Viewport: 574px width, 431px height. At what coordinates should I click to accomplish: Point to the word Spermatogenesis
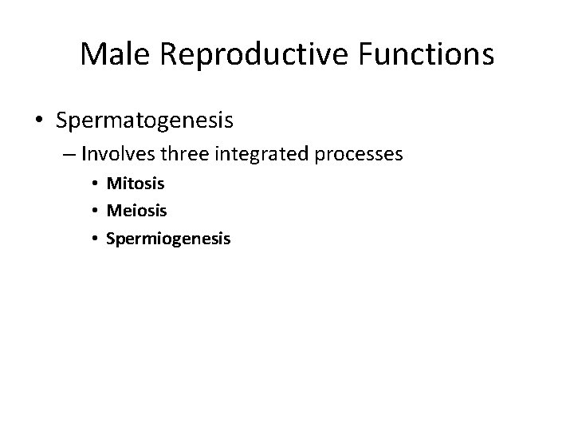[x=144, y=121]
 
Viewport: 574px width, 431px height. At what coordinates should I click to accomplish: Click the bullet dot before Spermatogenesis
[x=38, y=121]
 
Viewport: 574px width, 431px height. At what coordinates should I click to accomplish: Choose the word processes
[x=360, y=153]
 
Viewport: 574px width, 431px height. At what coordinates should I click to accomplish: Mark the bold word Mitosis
[x=136, y=184]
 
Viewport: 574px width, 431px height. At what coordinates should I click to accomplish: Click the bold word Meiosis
[x=136, y=211]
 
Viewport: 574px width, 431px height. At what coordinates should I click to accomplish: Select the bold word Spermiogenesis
[x=168, y=238]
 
